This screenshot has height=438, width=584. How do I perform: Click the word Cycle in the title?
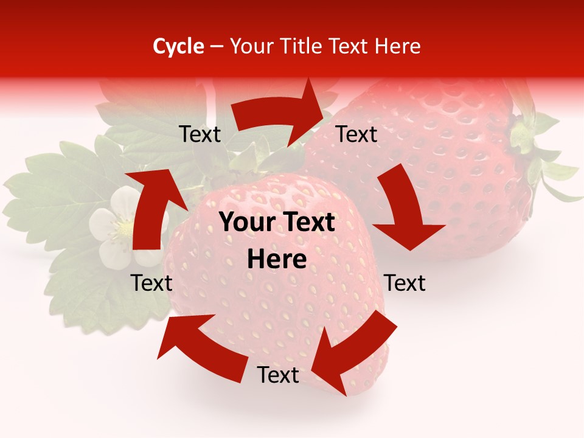(178, 46)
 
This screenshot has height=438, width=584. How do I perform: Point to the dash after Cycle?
(217, 47)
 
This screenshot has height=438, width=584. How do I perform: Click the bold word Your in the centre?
(245, 222)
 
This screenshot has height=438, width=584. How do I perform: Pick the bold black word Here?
(277, 260)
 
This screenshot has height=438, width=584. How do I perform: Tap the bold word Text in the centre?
(308, 222)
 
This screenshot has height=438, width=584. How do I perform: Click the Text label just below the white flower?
(152, 283)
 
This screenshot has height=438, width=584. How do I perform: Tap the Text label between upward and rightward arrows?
(200, 134)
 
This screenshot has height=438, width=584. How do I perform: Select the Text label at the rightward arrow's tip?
(357, 134)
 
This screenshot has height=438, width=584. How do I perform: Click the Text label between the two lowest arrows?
(278, 375)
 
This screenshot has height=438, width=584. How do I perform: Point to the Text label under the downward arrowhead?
(405, 283)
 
